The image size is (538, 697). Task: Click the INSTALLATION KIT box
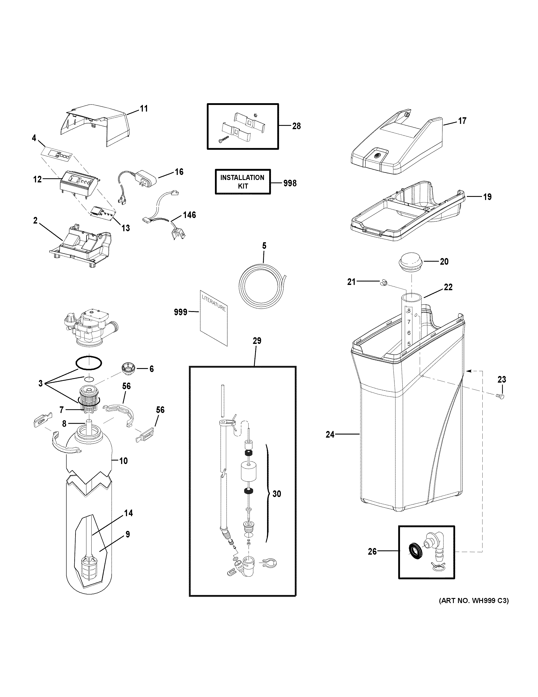[243, 182]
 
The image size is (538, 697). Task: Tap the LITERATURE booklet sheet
[214, 317]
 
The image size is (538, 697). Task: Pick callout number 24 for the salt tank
[330, 434]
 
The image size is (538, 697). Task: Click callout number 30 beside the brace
[277, 494]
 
